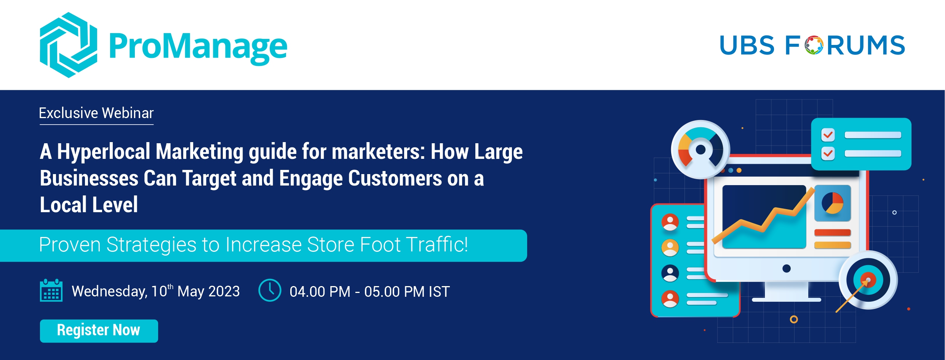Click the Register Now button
99,331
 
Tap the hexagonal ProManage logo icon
69,45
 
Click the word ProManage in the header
198,47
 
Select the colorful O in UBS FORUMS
814,45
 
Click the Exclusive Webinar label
96,113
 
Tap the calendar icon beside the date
51,290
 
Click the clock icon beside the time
270,290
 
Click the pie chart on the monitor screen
832,203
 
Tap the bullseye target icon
868,280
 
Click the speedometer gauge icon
700,149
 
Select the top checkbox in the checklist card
828,135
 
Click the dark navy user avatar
670,273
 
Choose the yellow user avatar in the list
670,248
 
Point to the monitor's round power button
787,269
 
